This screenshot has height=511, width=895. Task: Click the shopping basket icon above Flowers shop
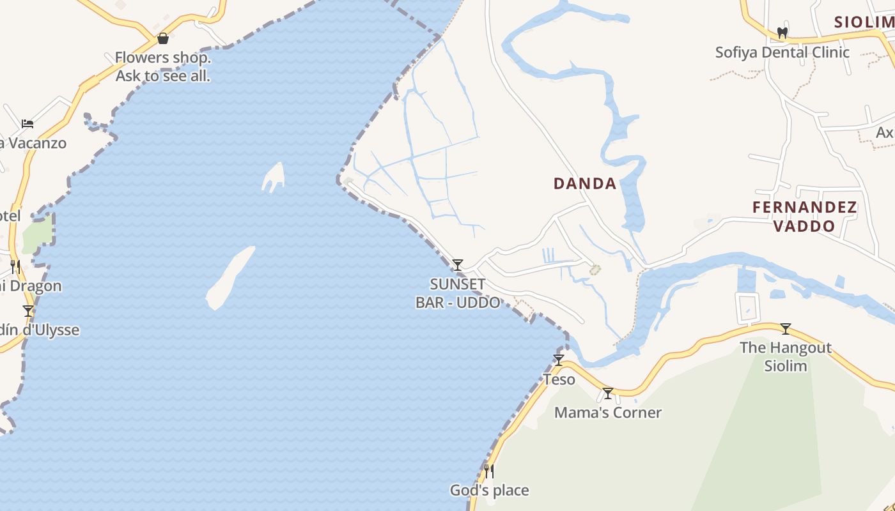pos(163,38)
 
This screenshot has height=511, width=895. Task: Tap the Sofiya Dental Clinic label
pos(782,52)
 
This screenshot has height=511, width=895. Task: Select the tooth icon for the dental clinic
pos(782,33)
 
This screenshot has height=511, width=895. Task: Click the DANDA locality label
pos(585,184)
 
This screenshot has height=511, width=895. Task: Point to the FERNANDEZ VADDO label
pos(804,217)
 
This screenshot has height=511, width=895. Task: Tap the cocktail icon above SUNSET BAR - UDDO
pos(458,264)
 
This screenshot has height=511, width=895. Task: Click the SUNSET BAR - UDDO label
pos(458,293)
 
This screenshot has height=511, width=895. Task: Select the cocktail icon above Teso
pos(559,360)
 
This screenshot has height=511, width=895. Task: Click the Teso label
pos(559,379)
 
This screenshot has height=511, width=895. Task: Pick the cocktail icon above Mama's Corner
pos(608,393)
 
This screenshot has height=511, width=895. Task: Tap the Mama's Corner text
pos(608,413)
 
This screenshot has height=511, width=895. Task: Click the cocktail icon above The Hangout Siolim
pos(786,329)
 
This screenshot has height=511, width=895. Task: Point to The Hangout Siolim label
pos(786,357)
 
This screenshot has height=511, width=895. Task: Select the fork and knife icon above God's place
pos(489,471)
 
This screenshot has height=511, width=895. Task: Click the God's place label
pos(490,491)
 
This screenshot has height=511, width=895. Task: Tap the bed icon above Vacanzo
pos(27,123)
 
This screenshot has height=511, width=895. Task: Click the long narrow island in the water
pos(230,278)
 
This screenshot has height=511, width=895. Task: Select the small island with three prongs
pos(274,177)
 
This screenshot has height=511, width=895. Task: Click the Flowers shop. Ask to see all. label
pos(163,66)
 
